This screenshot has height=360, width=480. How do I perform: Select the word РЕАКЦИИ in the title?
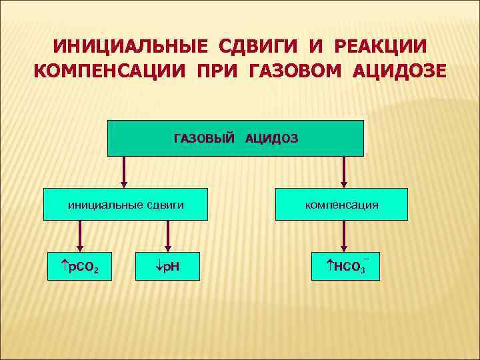tap(375, 47)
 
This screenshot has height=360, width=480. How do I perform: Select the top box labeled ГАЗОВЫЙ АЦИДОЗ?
tap(235, 138)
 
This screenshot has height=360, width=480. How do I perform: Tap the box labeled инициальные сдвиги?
tap(125, 205)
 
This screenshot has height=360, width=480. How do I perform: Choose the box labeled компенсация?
tap(341, 205)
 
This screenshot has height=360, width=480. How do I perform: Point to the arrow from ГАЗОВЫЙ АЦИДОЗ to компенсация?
tap(344, 172)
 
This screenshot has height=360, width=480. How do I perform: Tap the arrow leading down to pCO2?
tap(81, 236)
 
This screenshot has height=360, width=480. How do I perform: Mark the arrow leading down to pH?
tap(167, 236)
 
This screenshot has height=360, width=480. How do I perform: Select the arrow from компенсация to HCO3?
tap(344, 236)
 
